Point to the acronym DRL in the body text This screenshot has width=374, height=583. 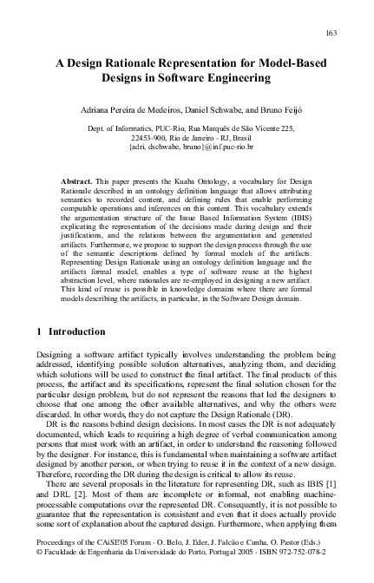pyautogui.click(x=64, y=502)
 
